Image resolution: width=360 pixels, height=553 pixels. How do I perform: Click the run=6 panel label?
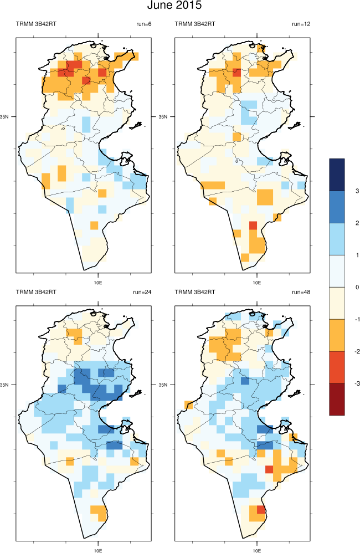pyautogui.click(x=143, y=23)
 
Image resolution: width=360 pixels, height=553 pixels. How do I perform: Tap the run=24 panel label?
pyautogui.click(x=142, y=291)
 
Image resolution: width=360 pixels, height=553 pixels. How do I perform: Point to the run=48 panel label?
pyautogui.click(x=300, y=291)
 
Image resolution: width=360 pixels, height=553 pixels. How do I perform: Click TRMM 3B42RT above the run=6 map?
pyautogui.click(x=36, y=23)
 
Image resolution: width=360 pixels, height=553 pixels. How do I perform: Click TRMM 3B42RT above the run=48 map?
pyautogui.click(x=195, y=291)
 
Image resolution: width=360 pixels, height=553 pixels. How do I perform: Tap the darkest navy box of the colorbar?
pyautogui.click(x=337, y=175)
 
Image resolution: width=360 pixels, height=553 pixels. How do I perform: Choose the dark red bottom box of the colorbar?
pyautogui.click(x=337, y=399)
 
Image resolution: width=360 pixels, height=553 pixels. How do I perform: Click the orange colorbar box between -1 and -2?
pyautogui.click(x=337, y=335)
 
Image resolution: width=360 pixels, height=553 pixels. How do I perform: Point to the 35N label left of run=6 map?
pyautogui.click(x=9, y=117)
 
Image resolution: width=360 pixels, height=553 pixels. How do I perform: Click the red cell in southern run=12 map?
pyautogui.click(x=253, y=225)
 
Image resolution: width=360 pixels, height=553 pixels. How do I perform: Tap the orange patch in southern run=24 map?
pyautogui.click(x=99, y=512)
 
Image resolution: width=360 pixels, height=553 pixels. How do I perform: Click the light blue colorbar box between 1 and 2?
pyautogui.click(x=337, y=239)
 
